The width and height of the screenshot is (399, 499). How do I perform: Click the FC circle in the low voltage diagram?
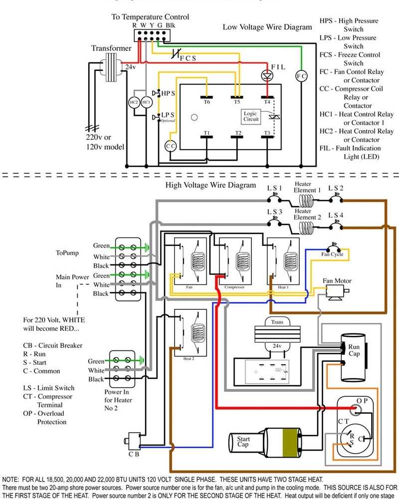301,76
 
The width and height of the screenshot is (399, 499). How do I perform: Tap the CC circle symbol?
171,146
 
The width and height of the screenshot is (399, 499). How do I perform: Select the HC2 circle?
134,102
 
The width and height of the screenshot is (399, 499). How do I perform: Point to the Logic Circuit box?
250,116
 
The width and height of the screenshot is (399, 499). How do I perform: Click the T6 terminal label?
206,101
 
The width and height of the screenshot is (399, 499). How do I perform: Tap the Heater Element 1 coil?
305,201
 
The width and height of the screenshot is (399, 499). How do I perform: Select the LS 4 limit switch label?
336,215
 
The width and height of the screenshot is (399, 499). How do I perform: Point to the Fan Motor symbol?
334,294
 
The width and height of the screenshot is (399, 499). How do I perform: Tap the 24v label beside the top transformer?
130,66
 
